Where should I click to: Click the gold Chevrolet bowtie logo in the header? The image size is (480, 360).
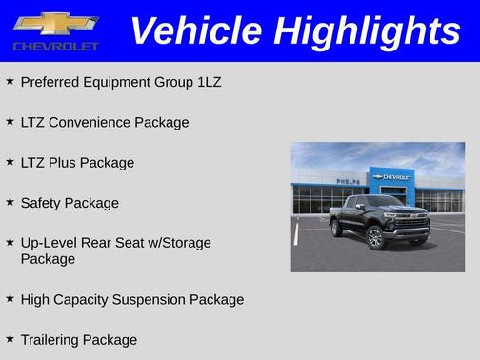[56, 23]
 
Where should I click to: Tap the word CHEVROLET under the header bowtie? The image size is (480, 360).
[56, 46]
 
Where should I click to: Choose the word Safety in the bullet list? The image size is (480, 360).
[42, 203]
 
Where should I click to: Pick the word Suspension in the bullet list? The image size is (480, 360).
[152, 299]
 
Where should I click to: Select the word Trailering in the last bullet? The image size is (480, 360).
[52, 339]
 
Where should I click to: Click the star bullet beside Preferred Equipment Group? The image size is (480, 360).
[10, 81]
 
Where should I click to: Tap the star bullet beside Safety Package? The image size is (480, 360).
[10, 202]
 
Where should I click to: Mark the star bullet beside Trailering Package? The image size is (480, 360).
[10, 338]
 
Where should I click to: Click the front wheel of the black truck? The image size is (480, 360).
[375, 238]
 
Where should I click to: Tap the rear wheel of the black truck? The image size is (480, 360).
[336, 229]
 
